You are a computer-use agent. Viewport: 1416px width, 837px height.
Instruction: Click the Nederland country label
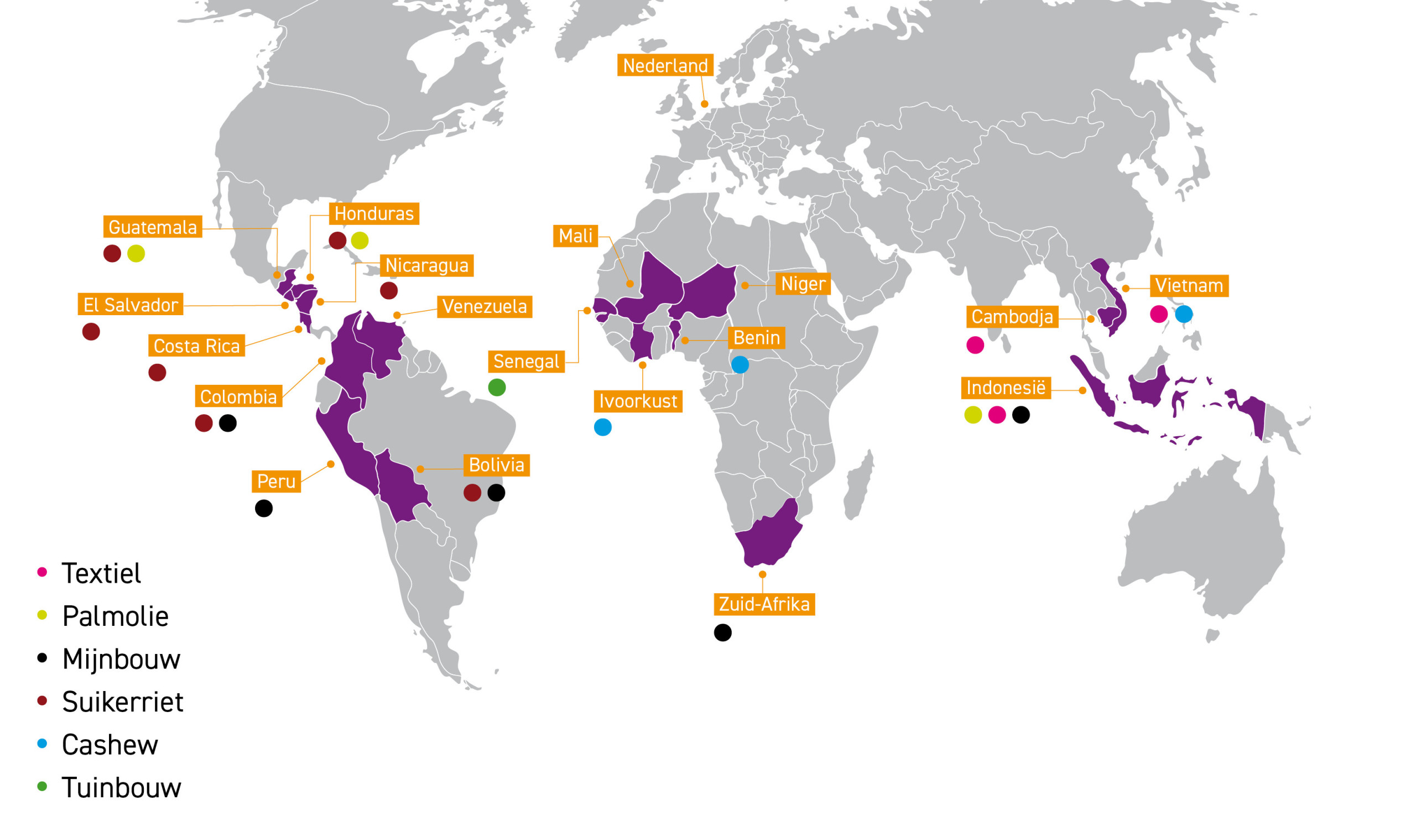pyautogui.click(x=665, y=65)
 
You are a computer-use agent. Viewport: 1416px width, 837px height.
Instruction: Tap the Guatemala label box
pyautogui.click(x=152, y=227)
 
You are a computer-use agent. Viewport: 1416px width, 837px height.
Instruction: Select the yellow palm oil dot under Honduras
pyautogui.click(x=360, y=241)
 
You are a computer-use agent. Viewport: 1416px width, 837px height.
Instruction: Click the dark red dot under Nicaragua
pyautogui.click(x=389, y=291)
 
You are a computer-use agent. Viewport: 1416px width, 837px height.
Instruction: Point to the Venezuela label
pyautogui.click(x=485, y=307)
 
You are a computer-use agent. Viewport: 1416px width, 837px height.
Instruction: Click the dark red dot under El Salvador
pyautogui.click(x=91, y=332)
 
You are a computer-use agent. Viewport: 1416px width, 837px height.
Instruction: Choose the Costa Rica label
pyautogui.click(x=196, y=346)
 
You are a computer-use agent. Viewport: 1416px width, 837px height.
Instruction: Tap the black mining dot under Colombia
pyautogui.click(x=228, y=423)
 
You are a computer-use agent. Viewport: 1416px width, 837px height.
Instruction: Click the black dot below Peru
pyautogui.click(x=263, y=509)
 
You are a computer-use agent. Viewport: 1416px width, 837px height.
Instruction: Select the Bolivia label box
pyautogui.click(x=497, y=465)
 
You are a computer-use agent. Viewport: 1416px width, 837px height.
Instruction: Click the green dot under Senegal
pyautogui.click(x=497, y=388)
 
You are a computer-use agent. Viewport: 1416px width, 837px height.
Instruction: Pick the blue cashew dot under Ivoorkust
pyautogui.click(x=602, y=427)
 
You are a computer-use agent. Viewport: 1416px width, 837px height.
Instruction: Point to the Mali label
pyautogui.click(x=575, y=236)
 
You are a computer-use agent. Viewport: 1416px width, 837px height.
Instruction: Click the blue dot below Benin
pyautogui.click(x=740, y=365)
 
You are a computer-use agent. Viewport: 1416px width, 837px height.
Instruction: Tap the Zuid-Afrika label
pyautogui.click(x=764, y=605)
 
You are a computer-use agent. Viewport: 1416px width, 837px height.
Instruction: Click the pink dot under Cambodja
pyautogui.click(x=975, y=345)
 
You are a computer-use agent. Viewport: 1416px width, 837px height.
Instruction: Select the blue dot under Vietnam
pyautogui.click(x=1184, y=314)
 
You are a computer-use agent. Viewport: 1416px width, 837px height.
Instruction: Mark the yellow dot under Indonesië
pyautogui.click(x=973, y=415)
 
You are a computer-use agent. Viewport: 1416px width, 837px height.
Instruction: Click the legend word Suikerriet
pyautogui.click(x=122, y=702)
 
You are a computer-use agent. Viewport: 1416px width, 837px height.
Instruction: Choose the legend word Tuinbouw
pyautogui.click(x=121, y=788)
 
